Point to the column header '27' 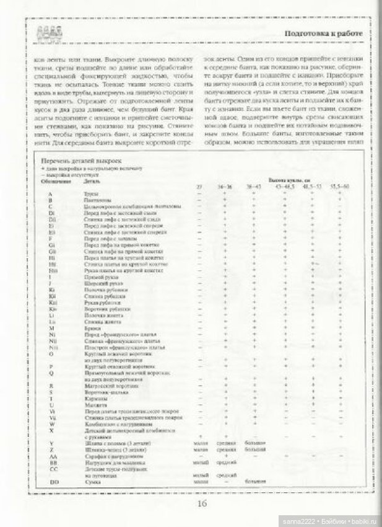click(199, 187)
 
